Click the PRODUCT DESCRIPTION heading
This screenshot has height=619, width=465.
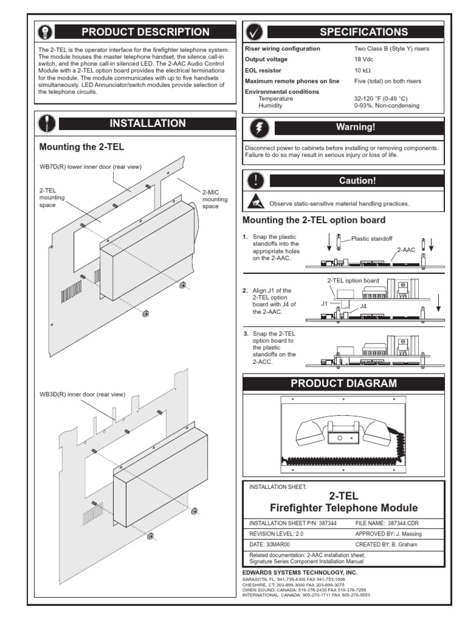pyautogui.click(x=145, y=32)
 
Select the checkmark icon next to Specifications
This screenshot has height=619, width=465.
pyautogui.click(x=255, y=32)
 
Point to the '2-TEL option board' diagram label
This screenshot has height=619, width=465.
pyautogui.click(x=353, y=280)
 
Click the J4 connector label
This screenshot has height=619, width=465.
pyautogui.click(x=363, y=306)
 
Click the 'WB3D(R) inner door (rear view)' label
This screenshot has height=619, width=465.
pyautogui.click(x=82, y=394)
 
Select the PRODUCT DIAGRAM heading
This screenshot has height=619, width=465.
pyautogui.click(x=343, y=383)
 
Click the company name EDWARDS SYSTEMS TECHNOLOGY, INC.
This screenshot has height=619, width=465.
pyautogui.click(x=300, y=572)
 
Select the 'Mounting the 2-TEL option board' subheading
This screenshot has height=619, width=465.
pyautogui.click(x=314, y=220)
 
